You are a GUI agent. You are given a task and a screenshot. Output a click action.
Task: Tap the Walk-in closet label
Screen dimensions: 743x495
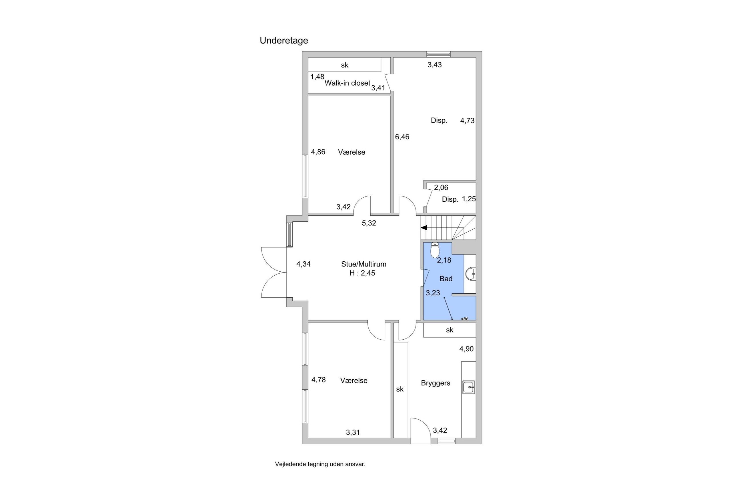(347, 83)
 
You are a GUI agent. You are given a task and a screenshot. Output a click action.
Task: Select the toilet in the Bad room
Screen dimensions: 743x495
(435, 250)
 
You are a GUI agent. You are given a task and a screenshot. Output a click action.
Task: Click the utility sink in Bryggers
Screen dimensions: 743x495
(469, 387)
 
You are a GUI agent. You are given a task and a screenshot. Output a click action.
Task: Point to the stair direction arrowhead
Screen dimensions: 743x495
(424, 228)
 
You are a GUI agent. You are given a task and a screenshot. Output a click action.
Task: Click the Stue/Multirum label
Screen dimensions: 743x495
(363, 264)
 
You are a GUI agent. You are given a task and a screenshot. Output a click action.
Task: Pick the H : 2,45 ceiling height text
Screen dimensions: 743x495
(362, 273)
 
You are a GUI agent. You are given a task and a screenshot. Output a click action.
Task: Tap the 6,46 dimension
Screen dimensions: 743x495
(402, 137)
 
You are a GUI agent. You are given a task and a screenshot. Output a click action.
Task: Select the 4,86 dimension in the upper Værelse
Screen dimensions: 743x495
(318, 152)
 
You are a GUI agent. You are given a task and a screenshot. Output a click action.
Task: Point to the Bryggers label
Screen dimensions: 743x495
(436, 383)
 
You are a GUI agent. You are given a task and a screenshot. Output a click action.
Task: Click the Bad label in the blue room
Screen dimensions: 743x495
(446, 279)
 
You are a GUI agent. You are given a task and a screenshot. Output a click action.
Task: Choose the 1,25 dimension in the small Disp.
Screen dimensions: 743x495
(469, 199)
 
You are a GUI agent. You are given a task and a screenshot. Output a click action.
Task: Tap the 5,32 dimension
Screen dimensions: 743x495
(369, 223)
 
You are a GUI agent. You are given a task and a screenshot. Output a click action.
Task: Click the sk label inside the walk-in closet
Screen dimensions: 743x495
(345, 65)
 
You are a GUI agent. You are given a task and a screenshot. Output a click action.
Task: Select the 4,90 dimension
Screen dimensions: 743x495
(466, 349)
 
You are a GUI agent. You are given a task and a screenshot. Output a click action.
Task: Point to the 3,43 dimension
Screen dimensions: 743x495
(434, 65)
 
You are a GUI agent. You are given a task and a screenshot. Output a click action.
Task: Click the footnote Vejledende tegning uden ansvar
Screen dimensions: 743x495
(320, 464)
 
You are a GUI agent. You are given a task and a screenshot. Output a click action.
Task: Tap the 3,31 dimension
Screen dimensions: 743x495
(353, 432)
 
